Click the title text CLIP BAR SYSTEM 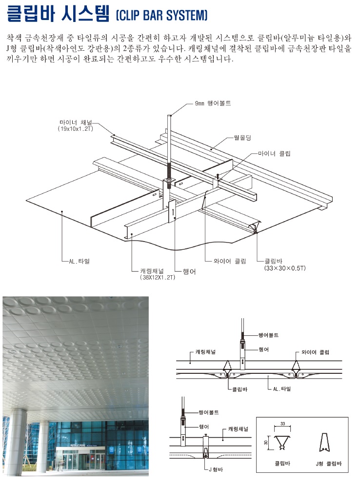pos(161,15)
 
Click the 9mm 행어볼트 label pos(213,103)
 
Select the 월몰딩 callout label pos(242,137)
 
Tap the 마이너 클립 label pos(274,153)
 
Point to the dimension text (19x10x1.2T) pos(76,129)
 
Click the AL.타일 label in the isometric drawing pos(80,261)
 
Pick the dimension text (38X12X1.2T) pos(158,277)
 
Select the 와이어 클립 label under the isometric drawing pos(230,261)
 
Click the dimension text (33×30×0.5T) pos(285,268)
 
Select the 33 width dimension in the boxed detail pos(282,424)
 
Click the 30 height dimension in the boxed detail pos(266,442)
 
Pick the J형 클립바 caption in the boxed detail pos(329,464)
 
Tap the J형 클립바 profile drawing pos(324,442)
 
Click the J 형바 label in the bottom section pos(216,469)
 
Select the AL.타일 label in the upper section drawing pos(282,389)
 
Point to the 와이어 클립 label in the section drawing pos(315,352)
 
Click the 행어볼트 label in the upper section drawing pos(268,335)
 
